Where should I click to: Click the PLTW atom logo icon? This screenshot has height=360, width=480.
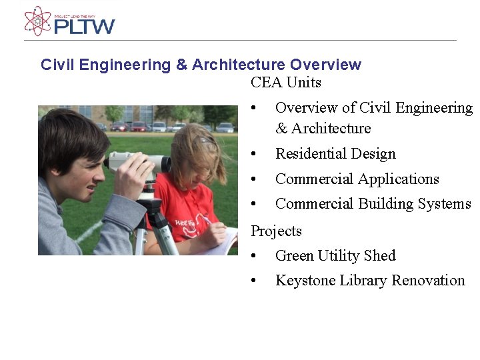pos(37,21)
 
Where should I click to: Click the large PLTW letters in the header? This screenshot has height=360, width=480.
pos(84,27)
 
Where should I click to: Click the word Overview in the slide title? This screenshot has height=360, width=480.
pos(325,65)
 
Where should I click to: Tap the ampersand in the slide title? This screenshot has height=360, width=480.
pos(182,65)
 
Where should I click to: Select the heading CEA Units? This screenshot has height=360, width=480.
pos(286,83)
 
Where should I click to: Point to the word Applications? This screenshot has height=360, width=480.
pos(398,179)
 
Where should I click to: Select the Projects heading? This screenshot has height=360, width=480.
pos(276,231)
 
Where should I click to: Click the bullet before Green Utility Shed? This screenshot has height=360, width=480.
pos(253,256)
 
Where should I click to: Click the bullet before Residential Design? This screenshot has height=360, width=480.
pos(253,154)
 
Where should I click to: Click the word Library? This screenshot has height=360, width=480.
pos(363,281)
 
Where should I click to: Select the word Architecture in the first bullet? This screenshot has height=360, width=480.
pos(331,129)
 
